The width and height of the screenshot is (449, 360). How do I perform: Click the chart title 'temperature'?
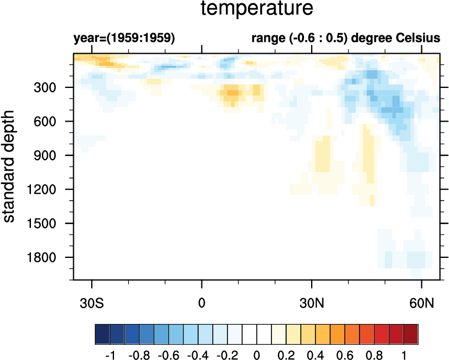pos(257,10)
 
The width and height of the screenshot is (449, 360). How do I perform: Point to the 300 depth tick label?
pos(53,87)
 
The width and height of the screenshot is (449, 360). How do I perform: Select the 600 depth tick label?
pos(53,122)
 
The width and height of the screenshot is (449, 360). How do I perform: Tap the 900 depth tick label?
pos(53,156)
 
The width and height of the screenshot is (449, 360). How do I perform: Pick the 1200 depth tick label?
pos(50,190)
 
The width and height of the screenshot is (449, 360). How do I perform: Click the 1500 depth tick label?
pos(50,224)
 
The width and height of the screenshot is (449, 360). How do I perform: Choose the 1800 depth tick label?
pos(50,257)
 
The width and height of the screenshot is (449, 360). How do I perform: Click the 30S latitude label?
pos(92,301)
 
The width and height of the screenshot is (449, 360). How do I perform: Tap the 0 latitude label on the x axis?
pos(202,301)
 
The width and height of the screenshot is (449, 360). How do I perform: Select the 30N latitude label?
pos(312,301)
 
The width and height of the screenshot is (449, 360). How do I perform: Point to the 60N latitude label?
pos(422,301)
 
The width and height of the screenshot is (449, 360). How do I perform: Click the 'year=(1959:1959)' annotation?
pos(124,39)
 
